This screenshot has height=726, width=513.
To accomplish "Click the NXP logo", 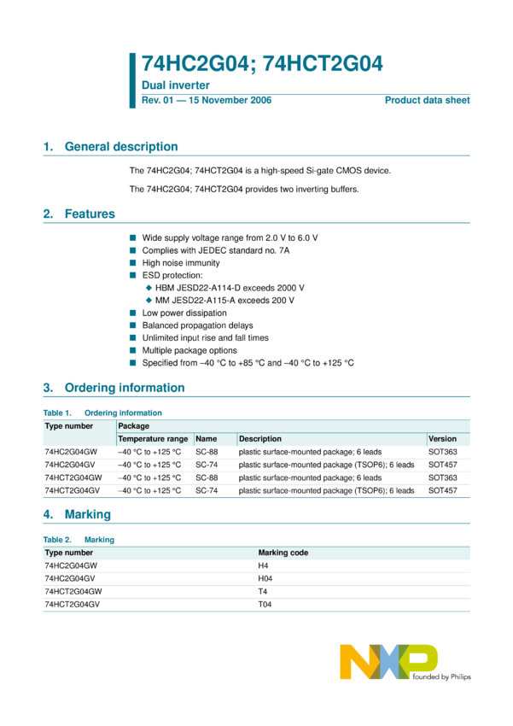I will coord(389,662).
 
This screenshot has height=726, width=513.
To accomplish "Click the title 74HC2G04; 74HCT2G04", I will coord(262,63).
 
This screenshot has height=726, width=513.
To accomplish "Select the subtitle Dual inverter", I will coord(175,85).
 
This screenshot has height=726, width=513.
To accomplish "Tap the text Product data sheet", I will coord(427,101).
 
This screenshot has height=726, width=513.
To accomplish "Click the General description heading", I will coord(121,147).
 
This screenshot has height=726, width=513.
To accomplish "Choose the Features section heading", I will coord(90,214).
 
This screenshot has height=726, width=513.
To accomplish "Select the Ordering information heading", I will coord(125,388).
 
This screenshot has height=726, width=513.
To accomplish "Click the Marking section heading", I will coord(88,515).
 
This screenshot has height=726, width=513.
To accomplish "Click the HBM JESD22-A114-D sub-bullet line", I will coord(230,289).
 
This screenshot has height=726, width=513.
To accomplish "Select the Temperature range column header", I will coord(153,439).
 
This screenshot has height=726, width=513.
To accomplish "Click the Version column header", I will coord(442,439).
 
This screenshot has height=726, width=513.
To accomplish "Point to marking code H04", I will coord(265,578).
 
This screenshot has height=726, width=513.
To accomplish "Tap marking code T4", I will coord(263,591).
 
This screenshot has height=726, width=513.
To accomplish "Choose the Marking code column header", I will coord(283,553).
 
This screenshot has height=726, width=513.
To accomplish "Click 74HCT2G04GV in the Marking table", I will coord(72,604).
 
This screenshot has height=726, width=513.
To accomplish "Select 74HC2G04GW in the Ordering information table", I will coord(71,452).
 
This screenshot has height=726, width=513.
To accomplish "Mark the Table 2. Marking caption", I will coord(79,540).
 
